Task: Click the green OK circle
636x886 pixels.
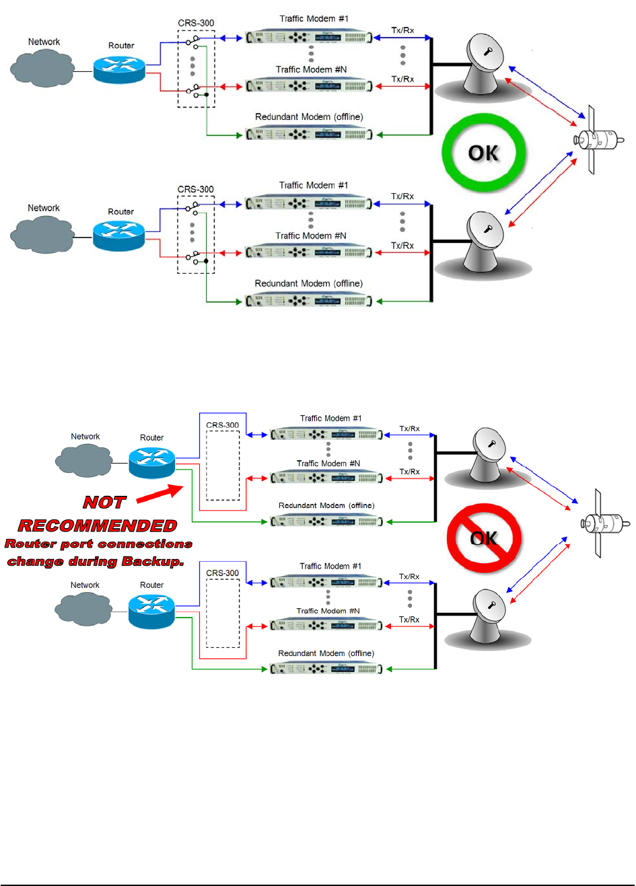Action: [x=483, y=153]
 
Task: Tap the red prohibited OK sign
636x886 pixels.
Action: [x=484, y=538]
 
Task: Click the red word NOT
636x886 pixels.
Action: [x=104, y=503]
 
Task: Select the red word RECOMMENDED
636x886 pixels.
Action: [x=98, y=525]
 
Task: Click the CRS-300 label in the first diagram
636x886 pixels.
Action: [x=196, y=23]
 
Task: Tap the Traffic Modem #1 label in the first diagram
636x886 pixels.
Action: [x=314, y=19]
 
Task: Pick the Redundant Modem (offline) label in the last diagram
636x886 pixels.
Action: [x=326, y=653]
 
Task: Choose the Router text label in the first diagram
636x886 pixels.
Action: [x=121, y=46]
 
